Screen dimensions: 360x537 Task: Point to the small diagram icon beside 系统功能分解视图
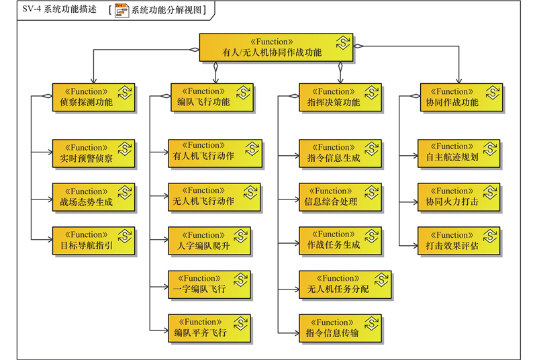[121, 10]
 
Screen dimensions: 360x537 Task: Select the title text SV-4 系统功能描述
[50, 10]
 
